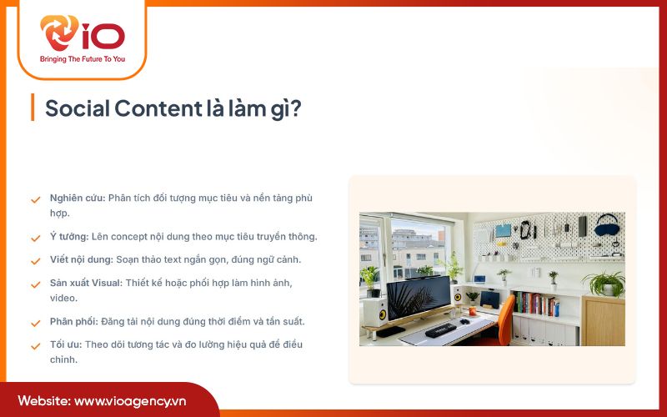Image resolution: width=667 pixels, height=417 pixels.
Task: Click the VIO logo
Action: (x=82, y=35)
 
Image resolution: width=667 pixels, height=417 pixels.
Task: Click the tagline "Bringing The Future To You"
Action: (x=82, y=60)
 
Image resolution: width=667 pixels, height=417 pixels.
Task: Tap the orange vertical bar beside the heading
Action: (x=32, y=108)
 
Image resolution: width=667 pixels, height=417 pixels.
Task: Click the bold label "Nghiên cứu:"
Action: (x=78, y=198)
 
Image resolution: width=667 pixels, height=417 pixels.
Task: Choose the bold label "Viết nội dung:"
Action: (x=81, y=259)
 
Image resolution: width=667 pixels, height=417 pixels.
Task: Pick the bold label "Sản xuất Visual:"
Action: (x=86, y=284)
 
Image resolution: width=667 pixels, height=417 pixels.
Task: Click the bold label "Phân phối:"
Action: (x=74, y=321)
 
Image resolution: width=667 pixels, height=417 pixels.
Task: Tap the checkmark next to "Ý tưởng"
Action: (x=36, y=237)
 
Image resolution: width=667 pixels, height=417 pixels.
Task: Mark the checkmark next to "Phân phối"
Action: (x=36, y=322)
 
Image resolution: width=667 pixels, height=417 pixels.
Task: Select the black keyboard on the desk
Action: (x=439, y=330)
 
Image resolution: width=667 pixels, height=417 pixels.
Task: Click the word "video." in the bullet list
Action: (x=63, y=298)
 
